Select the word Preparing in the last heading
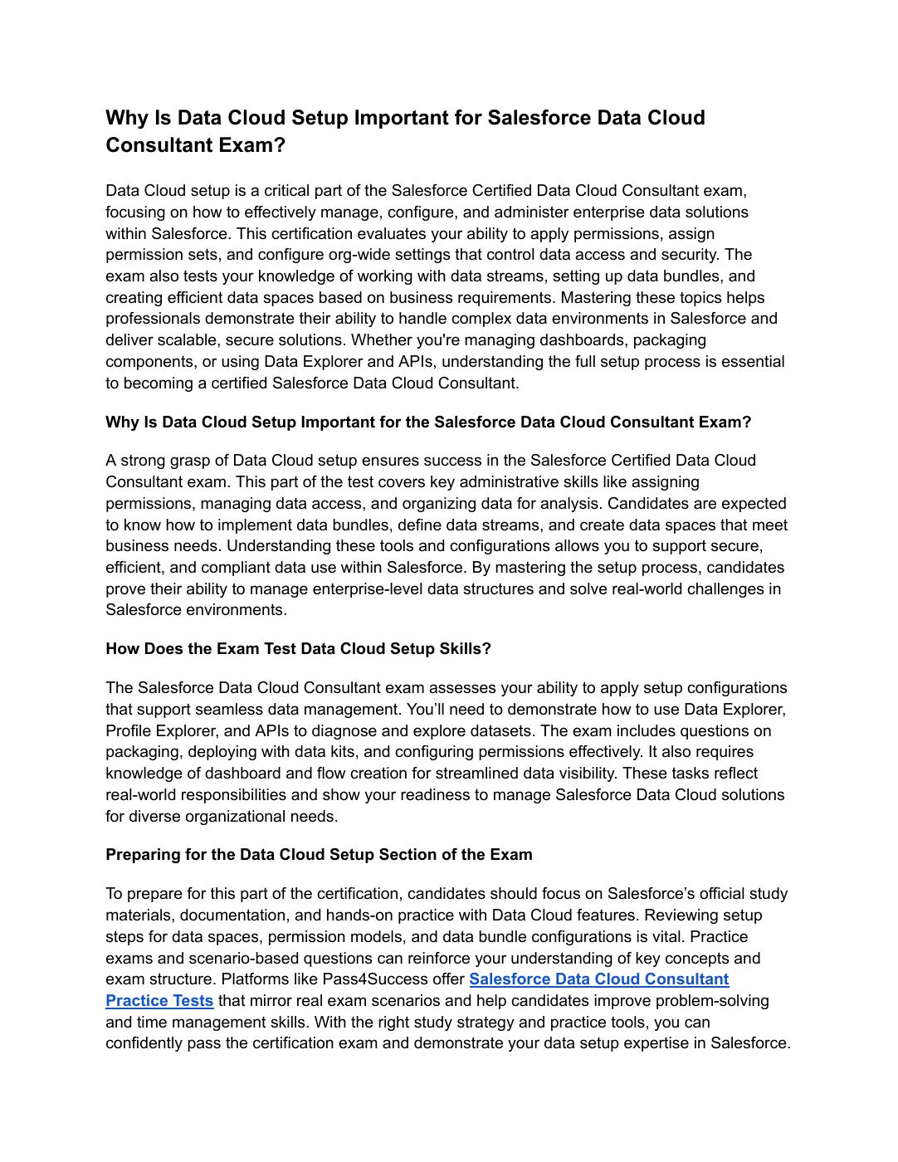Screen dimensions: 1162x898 pos(138,855)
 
